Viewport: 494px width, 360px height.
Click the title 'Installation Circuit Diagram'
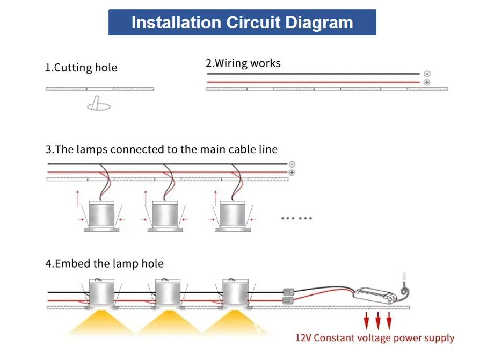click(242, 23)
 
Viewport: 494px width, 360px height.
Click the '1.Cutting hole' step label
click(81, 68)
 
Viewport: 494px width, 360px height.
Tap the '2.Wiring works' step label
click(243, 63)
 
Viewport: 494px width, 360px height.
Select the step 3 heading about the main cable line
click(161, 149)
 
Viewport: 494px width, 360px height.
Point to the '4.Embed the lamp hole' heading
click(104, 264)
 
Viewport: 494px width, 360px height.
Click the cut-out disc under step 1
click(99, 106)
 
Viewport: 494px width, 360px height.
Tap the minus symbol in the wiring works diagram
click(427, 74)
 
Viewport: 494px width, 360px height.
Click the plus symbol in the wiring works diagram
click(427, 82)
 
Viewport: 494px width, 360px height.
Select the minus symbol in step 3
click(292, 164)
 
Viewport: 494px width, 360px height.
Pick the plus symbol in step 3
click(292, 172)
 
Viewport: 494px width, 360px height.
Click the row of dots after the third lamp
click(296, 218)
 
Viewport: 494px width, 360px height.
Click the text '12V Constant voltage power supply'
click(375, 338)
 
